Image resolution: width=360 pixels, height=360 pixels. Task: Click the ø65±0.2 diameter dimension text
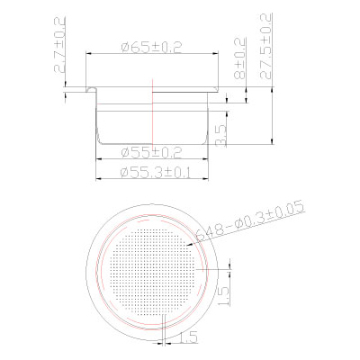point(153,47)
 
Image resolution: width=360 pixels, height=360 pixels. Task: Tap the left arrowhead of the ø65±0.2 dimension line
point(89,54)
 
